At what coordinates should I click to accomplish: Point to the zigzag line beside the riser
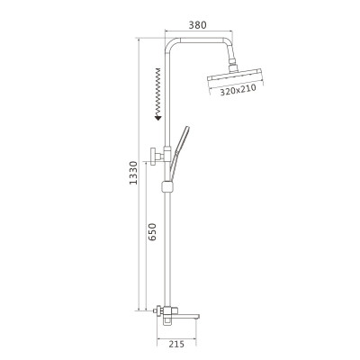pos(157,90)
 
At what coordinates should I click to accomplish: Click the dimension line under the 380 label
pos(198,34)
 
